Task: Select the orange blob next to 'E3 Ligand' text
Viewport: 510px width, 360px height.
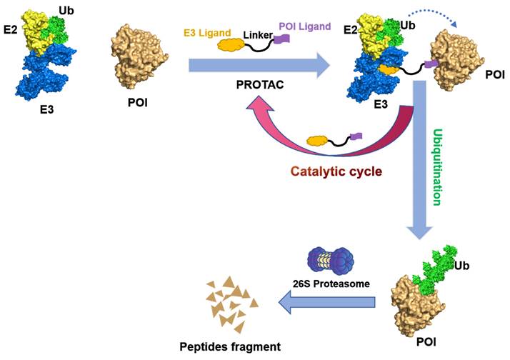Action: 227,44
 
